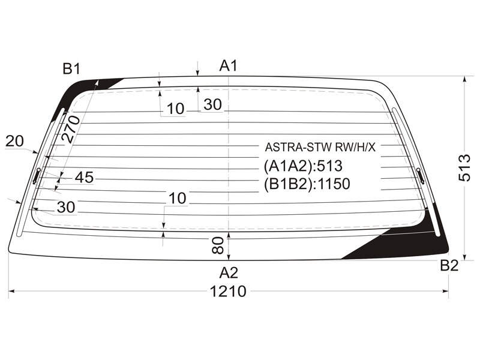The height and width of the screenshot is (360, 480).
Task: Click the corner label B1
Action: pos(71,69)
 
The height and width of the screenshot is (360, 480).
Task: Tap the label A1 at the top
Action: pos(229,65)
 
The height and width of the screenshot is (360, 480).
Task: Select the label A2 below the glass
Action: pos(229,272)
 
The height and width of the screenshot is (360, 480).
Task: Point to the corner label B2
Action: pos(449,265)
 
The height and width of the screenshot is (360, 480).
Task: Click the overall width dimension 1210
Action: pos(228,291)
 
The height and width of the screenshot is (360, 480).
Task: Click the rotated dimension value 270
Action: pos(71,129)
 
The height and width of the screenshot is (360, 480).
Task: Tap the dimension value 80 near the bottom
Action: pos(218,245)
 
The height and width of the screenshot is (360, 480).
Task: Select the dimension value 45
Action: pos(84,177)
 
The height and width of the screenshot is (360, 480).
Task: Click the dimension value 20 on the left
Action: pos(14,141)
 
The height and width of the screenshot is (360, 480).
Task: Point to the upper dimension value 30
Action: pos(212,104)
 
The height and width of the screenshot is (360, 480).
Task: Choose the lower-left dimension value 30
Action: pos(66,207)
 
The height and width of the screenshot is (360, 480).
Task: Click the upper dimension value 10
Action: pos(176,109)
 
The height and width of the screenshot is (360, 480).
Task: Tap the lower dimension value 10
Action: pos(177,199)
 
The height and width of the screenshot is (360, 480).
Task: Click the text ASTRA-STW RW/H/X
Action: pos(320,147)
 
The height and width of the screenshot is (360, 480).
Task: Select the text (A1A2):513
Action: pos(303,166)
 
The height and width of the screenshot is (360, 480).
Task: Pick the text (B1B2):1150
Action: pos(307,184)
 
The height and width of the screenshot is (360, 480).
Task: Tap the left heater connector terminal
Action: pos(37,176)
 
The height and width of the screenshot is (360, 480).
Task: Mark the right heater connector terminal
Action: pos(421,176)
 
